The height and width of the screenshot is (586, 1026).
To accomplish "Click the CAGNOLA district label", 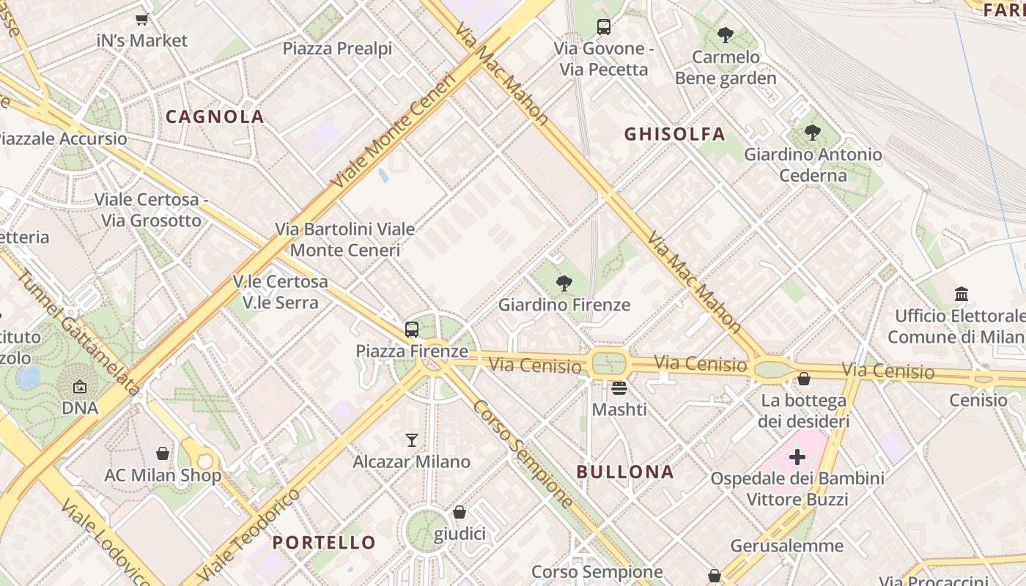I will [215, 116].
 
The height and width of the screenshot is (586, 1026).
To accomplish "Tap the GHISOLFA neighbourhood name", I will [674, 134].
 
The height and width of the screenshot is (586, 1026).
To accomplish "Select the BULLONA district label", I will [625, 472].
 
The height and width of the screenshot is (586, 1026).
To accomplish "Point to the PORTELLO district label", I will [324, 543].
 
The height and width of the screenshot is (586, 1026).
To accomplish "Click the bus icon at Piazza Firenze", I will [412, 330].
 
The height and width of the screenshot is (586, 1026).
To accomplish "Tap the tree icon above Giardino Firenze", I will [564, 283].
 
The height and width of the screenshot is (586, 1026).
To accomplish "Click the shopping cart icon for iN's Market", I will [142, 20].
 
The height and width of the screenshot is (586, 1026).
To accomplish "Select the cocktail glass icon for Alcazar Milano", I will [412, 440].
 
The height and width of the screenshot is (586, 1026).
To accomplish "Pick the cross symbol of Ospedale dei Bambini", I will [797, 458].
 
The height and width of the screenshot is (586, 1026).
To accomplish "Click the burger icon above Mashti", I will [619, 388].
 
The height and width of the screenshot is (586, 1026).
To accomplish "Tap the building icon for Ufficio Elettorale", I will [962, 294].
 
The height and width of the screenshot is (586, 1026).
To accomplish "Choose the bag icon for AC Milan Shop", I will [163, 454].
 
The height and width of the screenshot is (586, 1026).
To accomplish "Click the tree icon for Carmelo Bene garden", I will [726, 34].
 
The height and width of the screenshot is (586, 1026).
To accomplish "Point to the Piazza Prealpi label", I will [337, 49].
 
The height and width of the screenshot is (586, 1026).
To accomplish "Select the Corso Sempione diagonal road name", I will [522, 454].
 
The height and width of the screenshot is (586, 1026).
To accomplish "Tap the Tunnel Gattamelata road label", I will [77, 333].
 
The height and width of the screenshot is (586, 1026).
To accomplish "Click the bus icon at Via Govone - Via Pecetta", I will [603, 27].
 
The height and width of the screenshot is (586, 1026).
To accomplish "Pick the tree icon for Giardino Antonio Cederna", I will [812, 133].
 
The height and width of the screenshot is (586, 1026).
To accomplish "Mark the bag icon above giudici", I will [460, 512].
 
